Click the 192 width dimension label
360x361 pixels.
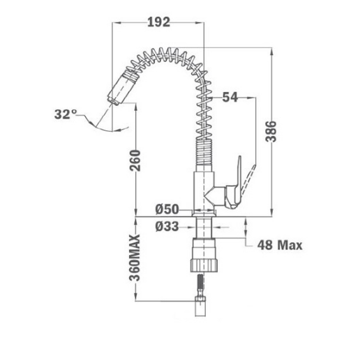[x=159, y=22]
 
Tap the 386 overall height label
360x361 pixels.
[x=271, y=131]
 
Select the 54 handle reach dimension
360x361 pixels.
[x=230, y=98]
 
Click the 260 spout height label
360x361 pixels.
[x=135, y=161]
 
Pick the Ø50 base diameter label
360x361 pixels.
[x=167, y=209]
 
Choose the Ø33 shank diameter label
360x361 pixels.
[x=167, y=226]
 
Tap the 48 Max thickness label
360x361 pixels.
[x=280, y=245]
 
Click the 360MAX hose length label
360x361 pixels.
[x=135, y=258]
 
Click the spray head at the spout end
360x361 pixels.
[x=122, y=87]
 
